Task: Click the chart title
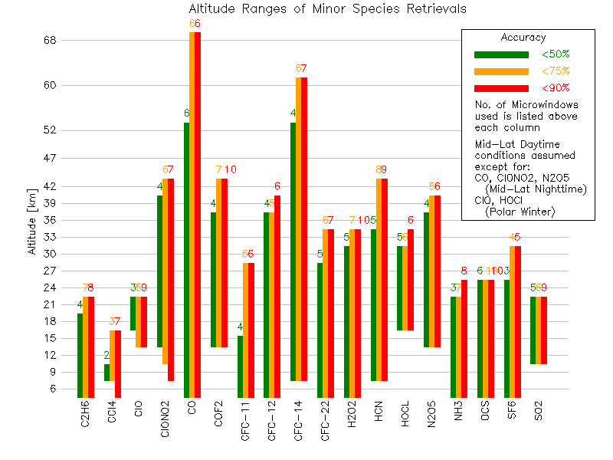coord(328,9)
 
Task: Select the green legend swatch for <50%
coord(501,54)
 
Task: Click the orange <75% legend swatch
coord(501,71)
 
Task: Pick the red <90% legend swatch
coord(501,88)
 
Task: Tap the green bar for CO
coord(186,261)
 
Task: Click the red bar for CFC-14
coord(304,229)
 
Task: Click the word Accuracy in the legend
coord(523,38)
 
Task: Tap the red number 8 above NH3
coord(464,271)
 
